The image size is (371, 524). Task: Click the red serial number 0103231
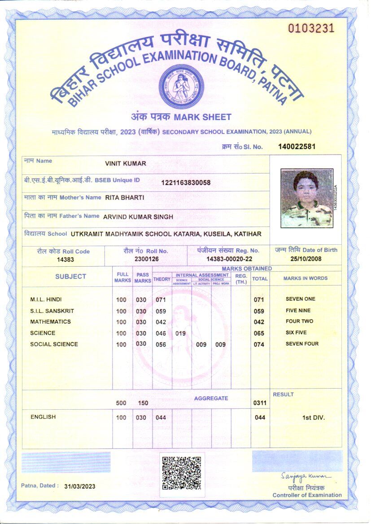(311, 28)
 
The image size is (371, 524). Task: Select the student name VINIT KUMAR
(126, 164)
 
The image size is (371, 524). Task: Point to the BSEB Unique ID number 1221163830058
(186, 182)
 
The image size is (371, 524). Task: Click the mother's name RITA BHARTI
(125, 197)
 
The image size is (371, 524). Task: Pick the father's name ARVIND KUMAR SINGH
(138, 217)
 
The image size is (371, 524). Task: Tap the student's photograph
(307, 198)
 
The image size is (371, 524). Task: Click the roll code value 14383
(65, 260)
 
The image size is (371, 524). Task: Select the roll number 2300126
(145, 259)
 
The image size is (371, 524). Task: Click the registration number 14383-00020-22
(229, 259)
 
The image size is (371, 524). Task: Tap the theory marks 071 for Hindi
(161, 299)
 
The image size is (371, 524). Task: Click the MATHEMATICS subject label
(50, 322)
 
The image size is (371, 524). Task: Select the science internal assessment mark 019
(180, 333)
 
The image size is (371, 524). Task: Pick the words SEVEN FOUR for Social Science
(302, 344)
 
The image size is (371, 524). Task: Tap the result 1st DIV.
(314, 418)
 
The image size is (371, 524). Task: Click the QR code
(181, 473)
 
